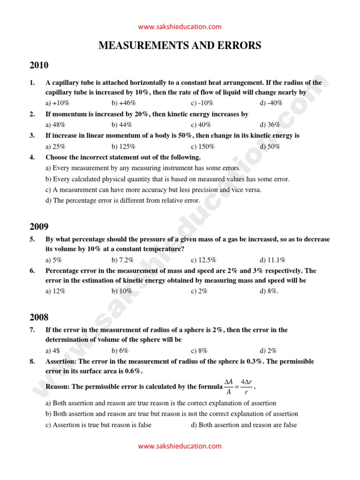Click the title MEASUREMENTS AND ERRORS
click(180, 45)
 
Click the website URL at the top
click(180, 27)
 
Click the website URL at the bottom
click(180, 447)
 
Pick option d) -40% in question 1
click(271, 103)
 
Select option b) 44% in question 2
click(121, 125)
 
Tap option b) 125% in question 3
click(123, 146)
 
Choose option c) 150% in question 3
click(203, 146)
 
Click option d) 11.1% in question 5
click(273, 260)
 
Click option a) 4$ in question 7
click(54, 350)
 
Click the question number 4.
click(32, 157)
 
